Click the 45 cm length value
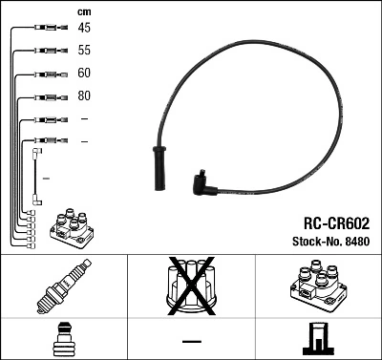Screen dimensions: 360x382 [85, 28]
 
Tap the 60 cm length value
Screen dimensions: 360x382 [85, 73]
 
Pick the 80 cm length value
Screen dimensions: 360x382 [85, 96]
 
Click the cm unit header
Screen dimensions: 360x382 [83, 11]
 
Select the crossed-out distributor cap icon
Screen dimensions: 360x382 [191, 287]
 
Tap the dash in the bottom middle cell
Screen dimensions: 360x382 [191, 341]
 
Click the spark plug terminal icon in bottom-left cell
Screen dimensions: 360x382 [64, 340]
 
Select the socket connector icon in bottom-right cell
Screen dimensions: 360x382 [317, 340]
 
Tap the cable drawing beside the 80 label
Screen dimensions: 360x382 [45, 96]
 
